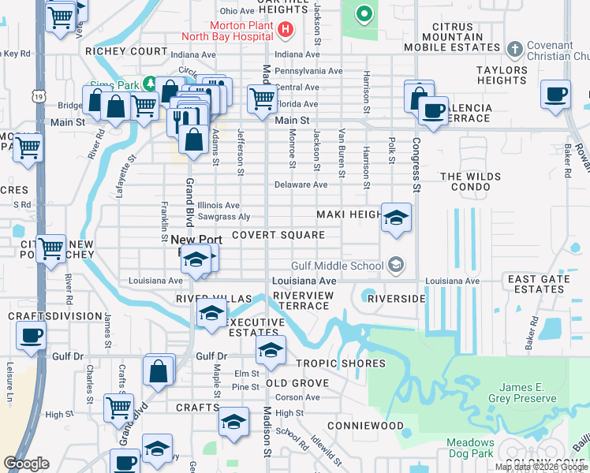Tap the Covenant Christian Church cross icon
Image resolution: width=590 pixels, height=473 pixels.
[514, 50]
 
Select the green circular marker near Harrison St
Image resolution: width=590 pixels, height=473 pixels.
[364, 13]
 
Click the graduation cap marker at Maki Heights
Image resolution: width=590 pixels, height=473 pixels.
[396, 218]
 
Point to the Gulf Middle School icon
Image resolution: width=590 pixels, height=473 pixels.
[396, 266]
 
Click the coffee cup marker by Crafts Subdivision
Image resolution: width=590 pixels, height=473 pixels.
[31, 335]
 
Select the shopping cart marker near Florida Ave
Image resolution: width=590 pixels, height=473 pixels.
[263, 99]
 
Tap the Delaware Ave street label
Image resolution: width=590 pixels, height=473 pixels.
[301, 185]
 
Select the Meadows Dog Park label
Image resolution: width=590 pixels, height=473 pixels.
[470, 448]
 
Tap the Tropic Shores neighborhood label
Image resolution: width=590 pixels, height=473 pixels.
[341, 363]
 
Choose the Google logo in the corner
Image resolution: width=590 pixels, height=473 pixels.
[26, 464]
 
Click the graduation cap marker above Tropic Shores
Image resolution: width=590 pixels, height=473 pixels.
[270, 351]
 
